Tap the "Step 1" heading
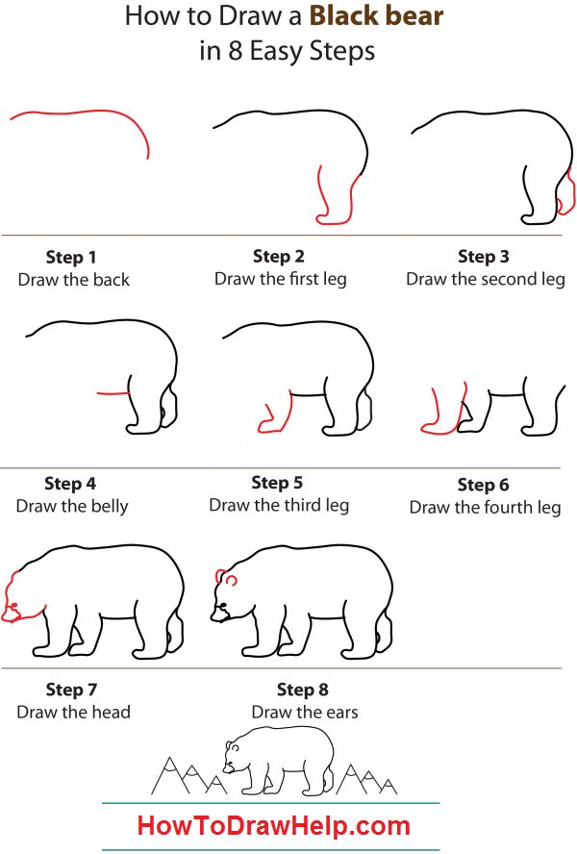[72, 257]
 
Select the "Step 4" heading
[70, 484]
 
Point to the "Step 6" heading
[483, 485]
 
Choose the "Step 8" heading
[302, 690]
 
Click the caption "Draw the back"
[73, 280]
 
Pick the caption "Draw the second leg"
[485, 279]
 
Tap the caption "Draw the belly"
[72, 506]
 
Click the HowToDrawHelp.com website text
[274, 824]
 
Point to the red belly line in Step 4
[113, 392]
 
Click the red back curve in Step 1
[87, 113]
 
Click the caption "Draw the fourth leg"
[485, 507]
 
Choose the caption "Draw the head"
[73, 712]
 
